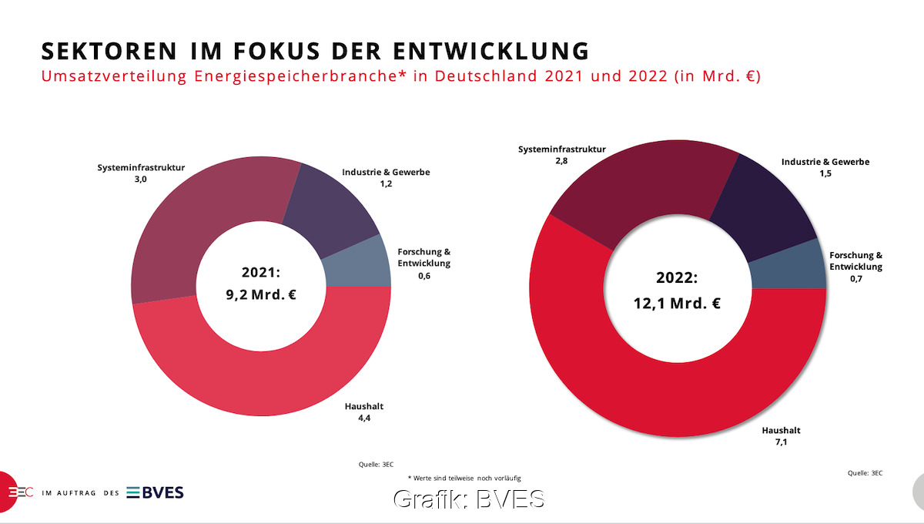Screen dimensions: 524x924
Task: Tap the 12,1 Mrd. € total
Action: pos(677,303)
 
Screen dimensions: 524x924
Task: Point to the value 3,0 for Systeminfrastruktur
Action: pos(140,179)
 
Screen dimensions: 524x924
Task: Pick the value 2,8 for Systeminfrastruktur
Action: pos(528,161)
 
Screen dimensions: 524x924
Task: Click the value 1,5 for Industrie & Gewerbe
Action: pos(825,173)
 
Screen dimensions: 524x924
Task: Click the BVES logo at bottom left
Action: pos(155,492)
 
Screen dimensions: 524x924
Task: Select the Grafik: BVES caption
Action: pos(469,499)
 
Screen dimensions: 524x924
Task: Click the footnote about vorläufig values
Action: pos(469,479)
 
